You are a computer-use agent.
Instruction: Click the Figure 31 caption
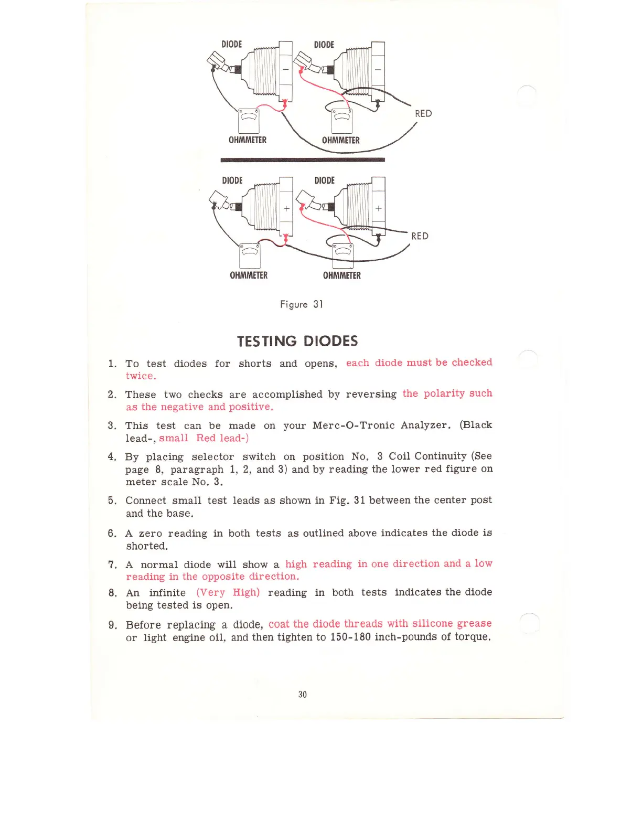point(302,304)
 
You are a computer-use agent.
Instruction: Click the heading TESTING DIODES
point(297,342)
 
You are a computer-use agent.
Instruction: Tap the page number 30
point(302,694)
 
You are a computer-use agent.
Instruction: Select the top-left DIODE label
point(232,45)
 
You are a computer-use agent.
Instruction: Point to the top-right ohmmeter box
point(342,121)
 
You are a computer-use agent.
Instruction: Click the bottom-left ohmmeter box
point(250,256)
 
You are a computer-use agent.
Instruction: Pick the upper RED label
point(423,114)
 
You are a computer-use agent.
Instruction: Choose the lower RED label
point(420,236)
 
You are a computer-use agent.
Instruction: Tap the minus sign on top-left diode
point(286,69)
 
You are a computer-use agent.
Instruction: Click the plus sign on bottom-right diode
point(378,208)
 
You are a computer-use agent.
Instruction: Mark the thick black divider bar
point(303,159)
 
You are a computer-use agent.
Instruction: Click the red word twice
point(141,376)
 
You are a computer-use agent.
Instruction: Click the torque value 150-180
point(350,637)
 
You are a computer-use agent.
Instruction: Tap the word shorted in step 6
point(147,546)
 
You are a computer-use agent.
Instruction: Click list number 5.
point(112,500)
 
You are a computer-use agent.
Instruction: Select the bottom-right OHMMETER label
point(342,275)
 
